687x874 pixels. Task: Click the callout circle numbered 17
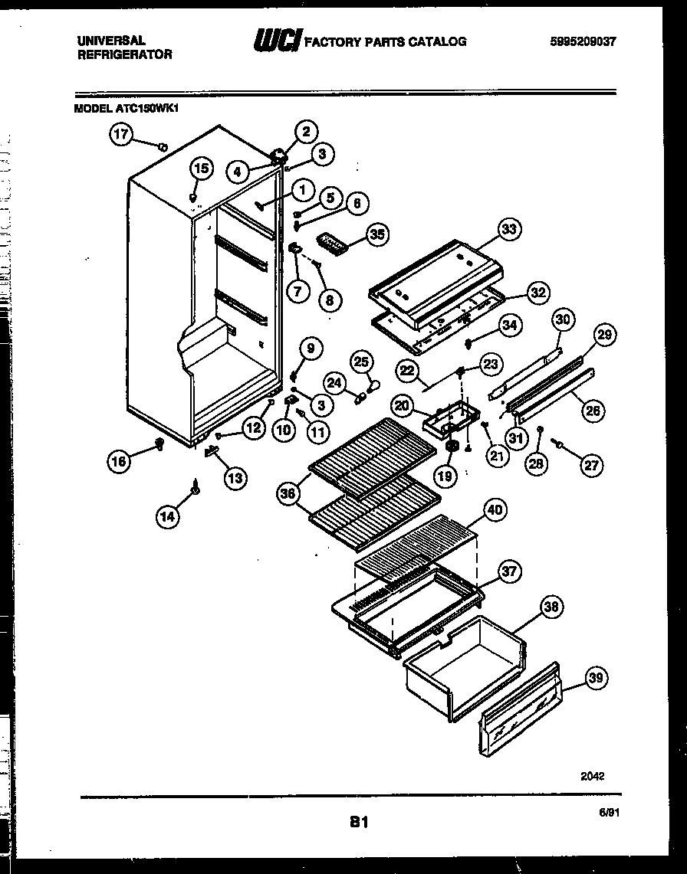[x=120, y=136]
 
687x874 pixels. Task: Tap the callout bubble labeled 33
[x=510, y=228]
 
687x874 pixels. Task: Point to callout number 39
[x=597, y=677]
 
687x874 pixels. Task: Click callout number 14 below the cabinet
[x=168, y=517]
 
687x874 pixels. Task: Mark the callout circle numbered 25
[x=362, y=361]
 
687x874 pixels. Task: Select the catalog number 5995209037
[x=582, y=42]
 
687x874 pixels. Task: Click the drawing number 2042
[x=593, y=775]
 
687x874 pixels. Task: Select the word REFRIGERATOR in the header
[x=125, y=54]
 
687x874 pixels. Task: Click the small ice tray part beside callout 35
[x=332, y=243]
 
